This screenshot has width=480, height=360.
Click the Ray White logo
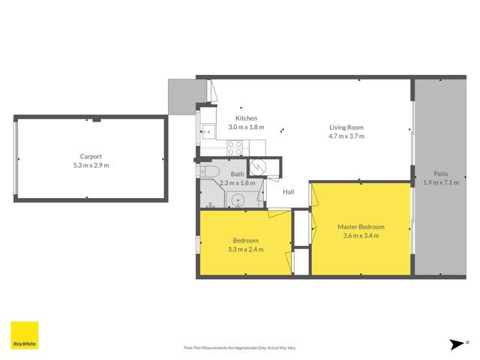pos(24,335)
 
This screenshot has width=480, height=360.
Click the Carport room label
pos(91,157)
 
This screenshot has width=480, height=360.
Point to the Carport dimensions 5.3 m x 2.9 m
pos(91,165)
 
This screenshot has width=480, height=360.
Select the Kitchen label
pos(246,118)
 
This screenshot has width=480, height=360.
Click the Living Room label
pos(346,127)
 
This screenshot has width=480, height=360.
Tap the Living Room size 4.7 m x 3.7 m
pos(346,136)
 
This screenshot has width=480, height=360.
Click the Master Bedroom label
pos(361,226)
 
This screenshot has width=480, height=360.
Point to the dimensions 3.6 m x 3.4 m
pos(361,235)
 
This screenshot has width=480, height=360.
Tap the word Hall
pos(289,192)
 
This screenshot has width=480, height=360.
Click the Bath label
pos(237,174)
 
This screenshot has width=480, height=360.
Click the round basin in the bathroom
pos(238,200)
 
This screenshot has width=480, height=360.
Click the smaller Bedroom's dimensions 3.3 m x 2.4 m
pos(246,250)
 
